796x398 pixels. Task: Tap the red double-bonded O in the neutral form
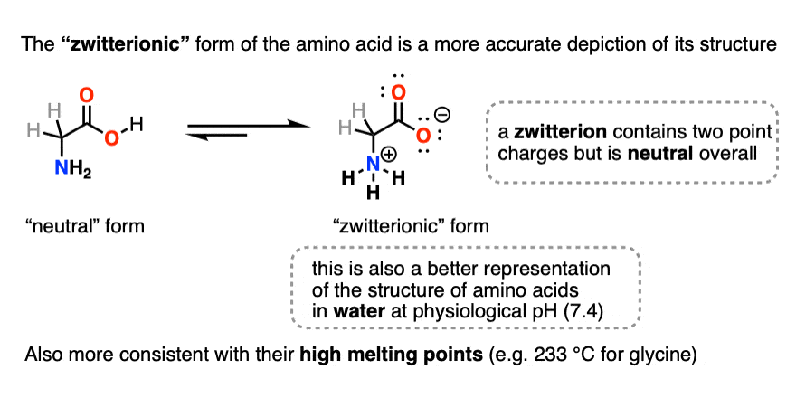coord(86,96)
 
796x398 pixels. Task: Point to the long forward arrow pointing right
coord(247,122)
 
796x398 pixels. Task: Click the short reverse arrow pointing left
coord(216,135)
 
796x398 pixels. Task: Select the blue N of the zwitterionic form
coord(374,164)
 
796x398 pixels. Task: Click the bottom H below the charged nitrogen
coord(374,193)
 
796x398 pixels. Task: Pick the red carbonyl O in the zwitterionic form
coord(400,93)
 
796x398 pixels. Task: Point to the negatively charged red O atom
coord(424,135)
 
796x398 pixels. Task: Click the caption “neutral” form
coord(84,225)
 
